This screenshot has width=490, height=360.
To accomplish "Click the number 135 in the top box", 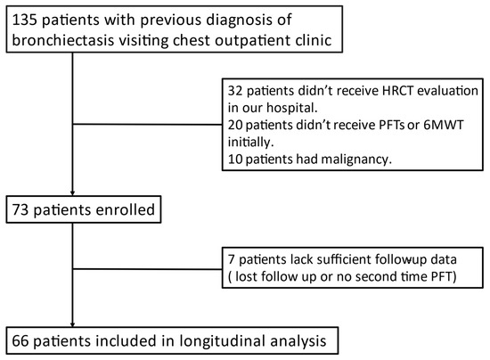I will coord(23,18).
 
